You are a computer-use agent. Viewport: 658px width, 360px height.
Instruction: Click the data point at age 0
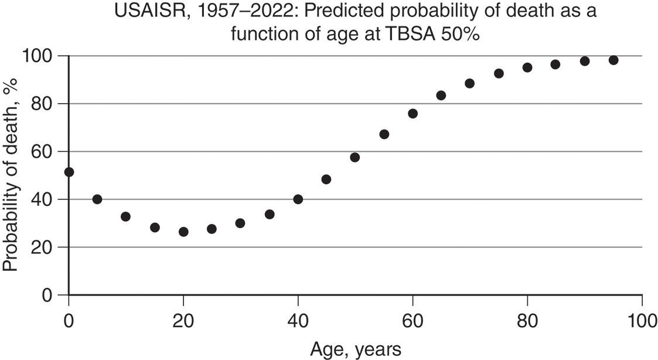pyautogui.click(x=69, y=172)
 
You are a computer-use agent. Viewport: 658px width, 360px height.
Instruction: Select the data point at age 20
pyautogui.click(x=183, y=232)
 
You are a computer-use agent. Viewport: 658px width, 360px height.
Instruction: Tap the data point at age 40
pyautogui.click(x=298, y=199)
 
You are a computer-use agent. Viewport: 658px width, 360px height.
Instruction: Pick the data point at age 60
pyautogui.click(x=412, y=113)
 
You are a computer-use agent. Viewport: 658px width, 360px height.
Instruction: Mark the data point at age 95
pyautogui.click(x=613, y=60)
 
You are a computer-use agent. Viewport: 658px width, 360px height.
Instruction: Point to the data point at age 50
pyautogui.click(x=354, y=157)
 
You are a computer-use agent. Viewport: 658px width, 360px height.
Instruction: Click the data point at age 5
pyautogui.click(x=97, y=199)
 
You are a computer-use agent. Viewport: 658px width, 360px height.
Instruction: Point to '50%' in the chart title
pyautogui.click(x=461, y=34)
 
